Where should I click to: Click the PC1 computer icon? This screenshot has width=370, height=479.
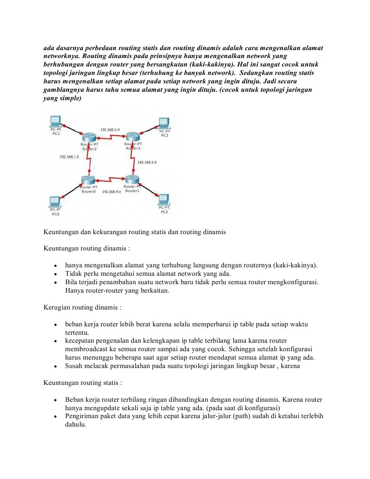[x=56, y=121]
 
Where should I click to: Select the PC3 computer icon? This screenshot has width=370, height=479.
[x=164, y=123]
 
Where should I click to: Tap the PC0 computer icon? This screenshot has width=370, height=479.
[x=55, y=202]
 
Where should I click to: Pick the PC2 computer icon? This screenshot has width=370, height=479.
[x=164, y=199]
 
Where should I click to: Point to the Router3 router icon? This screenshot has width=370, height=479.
[x=133, y=137]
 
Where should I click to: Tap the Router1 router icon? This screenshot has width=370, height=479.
[x=132, y=179]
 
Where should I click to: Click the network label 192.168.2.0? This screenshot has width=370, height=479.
[x=110, y=129]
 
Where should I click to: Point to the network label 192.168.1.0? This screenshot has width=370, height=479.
[x=69, y=157]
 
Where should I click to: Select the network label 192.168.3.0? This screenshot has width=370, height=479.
[x=146, y=162]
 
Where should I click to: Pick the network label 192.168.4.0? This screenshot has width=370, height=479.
[x=111, y=192]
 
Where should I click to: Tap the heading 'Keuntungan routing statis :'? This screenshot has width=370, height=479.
[x=83, y=383]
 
